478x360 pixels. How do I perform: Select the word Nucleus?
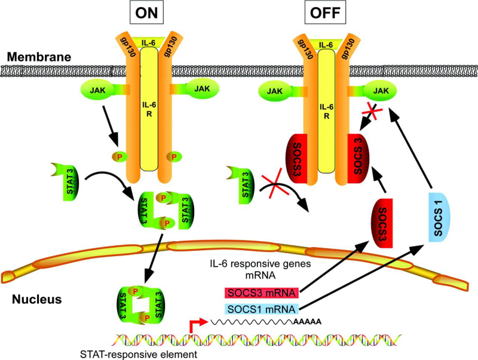click(39, 299)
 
